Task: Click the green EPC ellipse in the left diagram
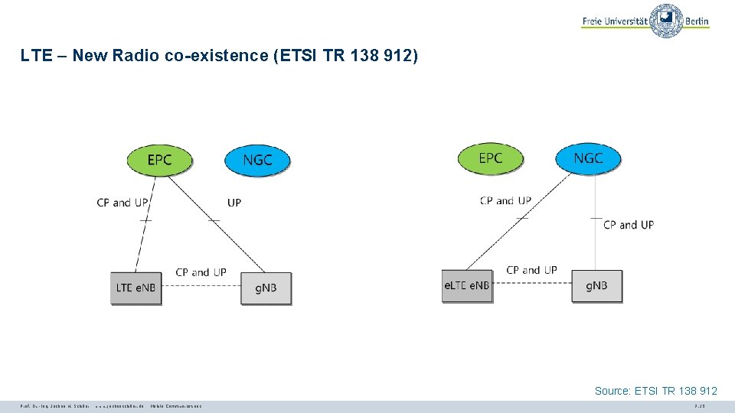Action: click(x=159, y=160)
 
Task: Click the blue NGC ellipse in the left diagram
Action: click(x=257, y=160)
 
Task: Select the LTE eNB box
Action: click(x=136, y=288)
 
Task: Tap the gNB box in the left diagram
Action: click(x=266, y=288)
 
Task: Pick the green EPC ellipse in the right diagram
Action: click(x=490, y=158)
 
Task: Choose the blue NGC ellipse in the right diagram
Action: click(x=588, y=158)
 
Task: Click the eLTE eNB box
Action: click(x=466, y=286)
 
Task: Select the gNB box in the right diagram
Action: click(x=597, y=286)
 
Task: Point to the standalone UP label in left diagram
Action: click(x=234, y=203)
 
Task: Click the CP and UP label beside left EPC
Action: click(x=122, y=203)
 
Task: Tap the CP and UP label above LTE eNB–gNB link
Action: click(x=201, y=272)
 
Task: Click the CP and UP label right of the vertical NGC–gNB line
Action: click(x=629, y=225)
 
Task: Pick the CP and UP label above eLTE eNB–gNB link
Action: click(x=531, y=270)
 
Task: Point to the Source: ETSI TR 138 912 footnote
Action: click(x=655, y=391)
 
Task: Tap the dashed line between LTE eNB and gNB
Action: click(x=201, y=287)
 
